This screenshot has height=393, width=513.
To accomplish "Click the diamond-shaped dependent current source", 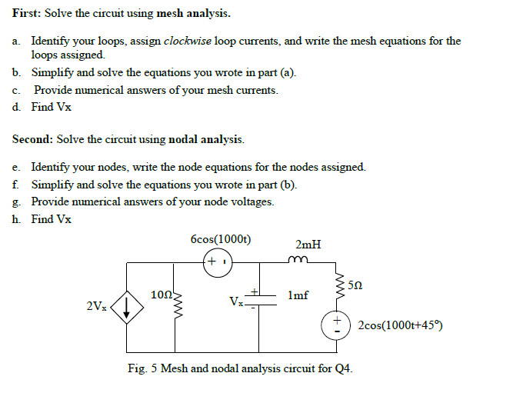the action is (127, 308).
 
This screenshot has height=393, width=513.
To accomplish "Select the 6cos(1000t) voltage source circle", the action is (218, 263).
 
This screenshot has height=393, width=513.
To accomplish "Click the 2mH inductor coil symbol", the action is (298, 259).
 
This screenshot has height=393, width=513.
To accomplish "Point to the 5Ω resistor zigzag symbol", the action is (340, 285).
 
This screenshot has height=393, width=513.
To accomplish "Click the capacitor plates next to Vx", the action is (261, 300).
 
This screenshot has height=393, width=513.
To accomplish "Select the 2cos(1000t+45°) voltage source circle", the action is (336, 325).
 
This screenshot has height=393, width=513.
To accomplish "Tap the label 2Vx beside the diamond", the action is (96, 306).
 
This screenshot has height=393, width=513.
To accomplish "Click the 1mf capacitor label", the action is (298, 295).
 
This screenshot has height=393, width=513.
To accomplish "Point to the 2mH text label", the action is (308, 245).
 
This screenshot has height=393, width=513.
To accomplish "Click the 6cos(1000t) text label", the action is (221, 239).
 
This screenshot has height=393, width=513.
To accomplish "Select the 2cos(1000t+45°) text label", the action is (401, 325).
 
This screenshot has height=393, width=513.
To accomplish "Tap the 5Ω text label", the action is (355, 285).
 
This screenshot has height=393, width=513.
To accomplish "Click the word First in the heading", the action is (26, 13).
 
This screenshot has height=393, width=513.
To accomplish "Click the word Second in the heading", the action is (32, 139).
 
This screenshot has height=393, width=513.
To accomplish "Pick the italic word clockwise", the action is (188, 41).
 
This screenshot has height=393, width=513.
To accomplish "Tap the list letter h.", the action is (15, 219).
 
